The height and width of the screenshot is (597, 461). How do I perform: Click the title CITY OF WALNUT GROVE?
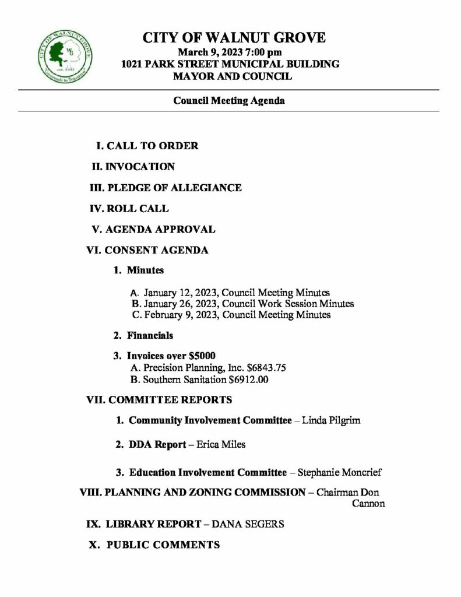click(x=234, y=38)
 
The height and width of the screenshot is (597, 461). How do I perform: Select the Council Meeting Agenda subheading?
click(x=228, y=101)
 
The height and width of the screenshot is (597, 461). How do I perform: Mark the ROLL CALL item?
click(x=138, y=208)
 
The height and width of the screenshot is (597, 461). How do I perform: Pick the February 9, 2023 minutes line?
click(x=231, y=315)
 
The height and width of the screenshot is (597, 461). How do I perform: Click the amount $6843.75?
click(x=266, y=368)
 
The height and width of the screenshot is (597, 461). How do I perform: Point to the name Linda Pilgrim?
click(x=331, y=420)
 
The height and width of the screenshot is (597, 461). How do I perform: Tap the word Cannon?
click(x=368, y=504)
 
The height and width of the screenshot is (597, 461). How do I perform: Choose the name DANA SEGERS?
click(x=248, y=524)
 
